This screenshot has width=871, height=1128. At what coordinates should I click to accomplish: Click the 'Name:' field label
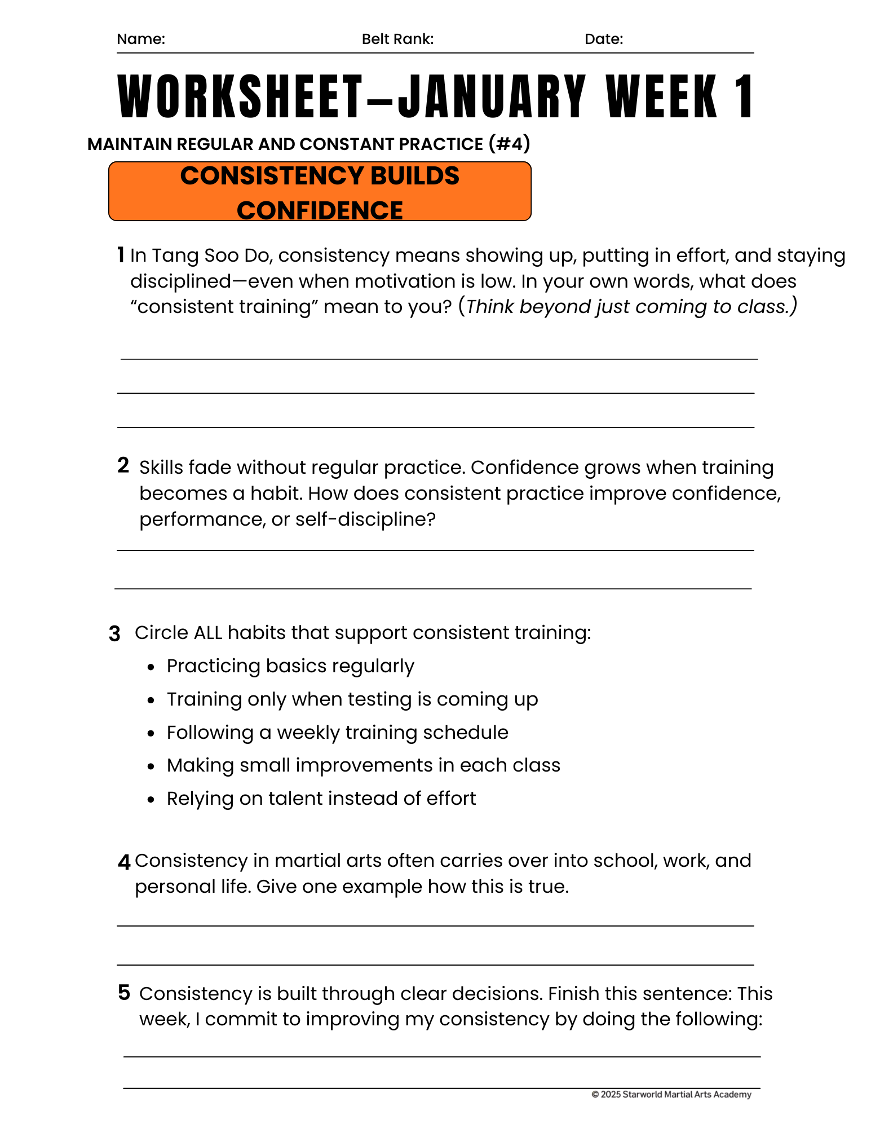click(x=140, y=39)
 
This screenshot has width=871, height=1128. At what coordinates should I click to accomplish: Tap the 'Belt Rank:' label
click(x=397, y=39)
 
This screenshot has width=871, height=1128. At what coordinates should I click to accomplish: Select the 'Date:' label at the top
click(x=603, y=39)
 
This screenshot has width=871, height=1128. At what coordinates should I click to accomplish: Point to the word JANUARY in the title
click(x=492, y=96)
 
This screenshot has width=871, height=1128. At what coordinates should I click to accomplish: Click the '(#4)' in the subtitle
click(x=509, y=144)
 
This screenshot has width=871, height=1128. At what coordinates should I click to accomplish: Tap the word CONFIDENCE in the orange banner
click(x=320, y=210)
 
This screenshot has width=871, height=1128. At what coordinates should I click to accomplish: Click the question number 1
click(x=121, y=255)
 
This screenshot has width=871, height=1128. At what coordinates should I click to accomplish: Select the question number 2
click(x=123, y=465)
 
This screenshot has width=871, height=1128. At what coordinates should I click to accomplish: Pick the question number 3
click(x=114, y=634)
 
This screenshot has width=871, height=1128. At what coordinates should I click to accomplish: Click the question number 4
click(x=124, y=862)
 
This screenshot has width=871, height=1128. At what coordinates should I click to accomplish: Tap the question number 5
click(x=124, y=993)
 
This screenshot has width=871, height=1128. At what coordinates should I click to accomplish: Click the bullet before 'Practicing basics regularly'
click(x=151, y=667)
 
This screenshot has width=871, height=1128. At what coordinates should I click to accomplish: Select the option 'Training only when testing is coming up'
click(x=352, y=699)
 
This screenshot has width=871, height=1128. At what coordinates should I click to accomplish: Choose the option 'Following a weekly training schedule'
click(x=337, y=733)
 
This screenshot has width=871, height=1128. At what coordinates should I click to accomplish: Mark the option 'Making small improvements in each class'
click(x=363, y=765)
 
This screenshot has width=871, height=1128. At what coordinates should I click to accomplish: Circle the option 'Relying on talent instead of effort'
click(x=321, y=799)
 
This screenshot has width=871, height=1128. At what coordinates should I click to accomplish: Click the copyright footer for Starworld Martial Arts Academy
click(x=671, y=1095)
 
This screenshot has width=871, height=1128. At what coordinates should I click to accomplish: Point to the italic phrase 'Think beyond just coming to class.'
click(x=631, y=307)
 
